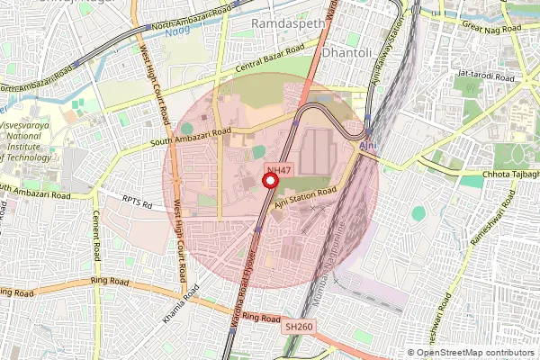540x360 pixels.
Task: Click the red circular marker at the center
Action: click(269, 180)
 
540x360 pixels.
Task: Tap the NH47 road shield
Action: click(279, 170)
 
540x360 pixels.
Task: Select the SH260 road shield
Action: click(299, 326)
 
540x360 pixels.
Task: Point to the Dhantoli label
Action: click(346, 41)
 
